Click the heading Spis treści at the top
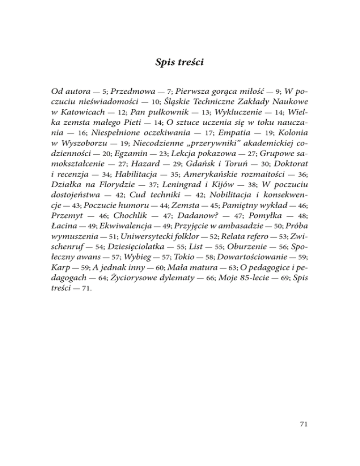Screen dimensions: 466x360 [x=180, y=62]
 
